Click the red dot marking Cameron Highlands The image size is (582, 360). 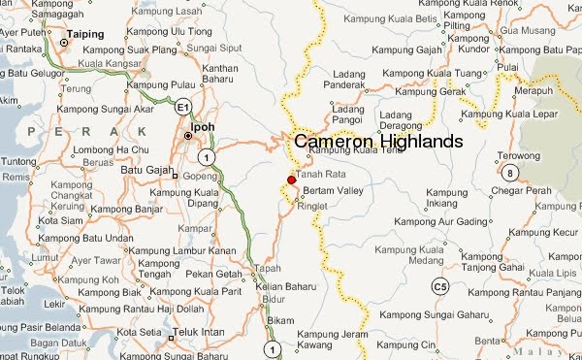292,180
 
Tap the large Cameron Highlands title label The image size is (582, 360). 378,142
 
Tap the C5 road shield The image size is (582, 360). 440,286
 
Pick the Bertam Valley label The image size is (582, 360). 333,190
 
